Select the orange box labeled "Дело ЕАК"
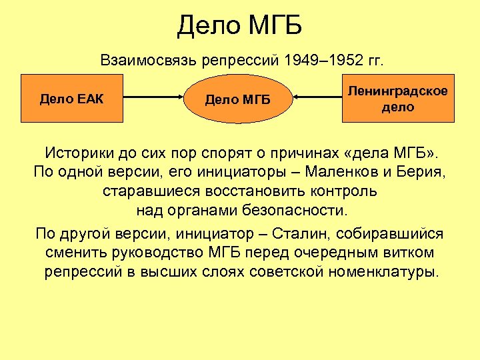click(72, 99)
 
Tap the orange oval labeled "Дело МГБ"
click(238, 100)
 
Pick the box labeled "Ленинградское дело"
click(398, 98)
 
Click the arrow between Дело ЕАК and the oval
click(153, 99)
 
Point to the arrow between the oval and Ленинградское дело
click(319, 99)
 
